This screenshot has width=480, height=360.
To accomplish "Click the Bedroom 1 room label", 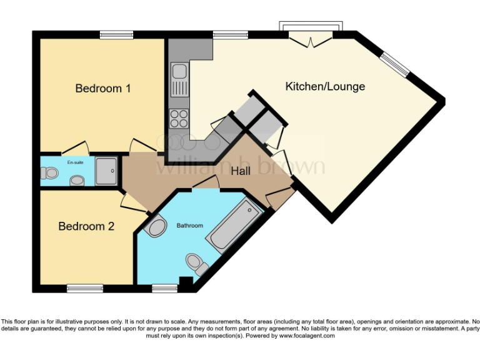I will point(102,88).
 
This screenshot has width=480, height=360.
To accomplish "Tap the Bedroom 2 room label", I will point(86,226).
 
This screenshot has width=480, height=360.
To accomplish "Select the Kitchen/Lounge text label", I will point(325,86).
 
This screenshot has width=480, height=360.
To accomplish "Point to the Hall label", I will point(241,170).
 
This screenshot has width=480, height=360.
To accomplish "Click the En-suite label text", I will point(75,162).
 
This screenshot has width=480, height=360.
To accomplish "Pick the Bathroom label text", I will point(189,225).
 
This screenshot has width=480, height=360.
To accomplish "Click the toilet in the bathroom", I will point(196,264).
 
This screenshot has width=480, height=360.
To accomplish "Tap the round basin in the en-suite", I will point(77,181).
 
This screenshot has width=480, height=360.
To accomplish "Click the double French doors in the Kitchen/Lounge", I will point(311,41).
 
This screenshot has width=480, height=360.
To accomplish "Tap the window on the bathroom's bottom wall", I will point(164,287).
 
